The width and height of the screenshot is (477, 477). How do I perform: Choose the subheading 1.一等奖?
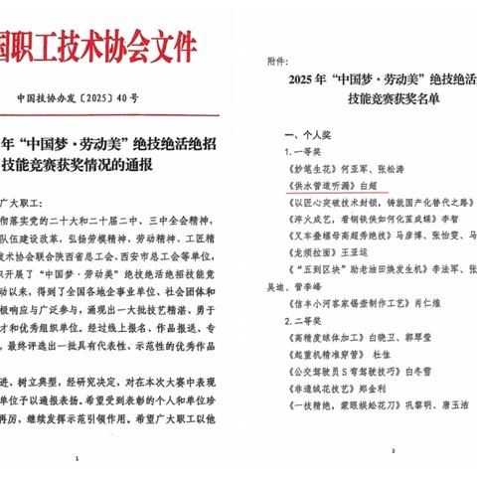[x=309, y=151]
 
